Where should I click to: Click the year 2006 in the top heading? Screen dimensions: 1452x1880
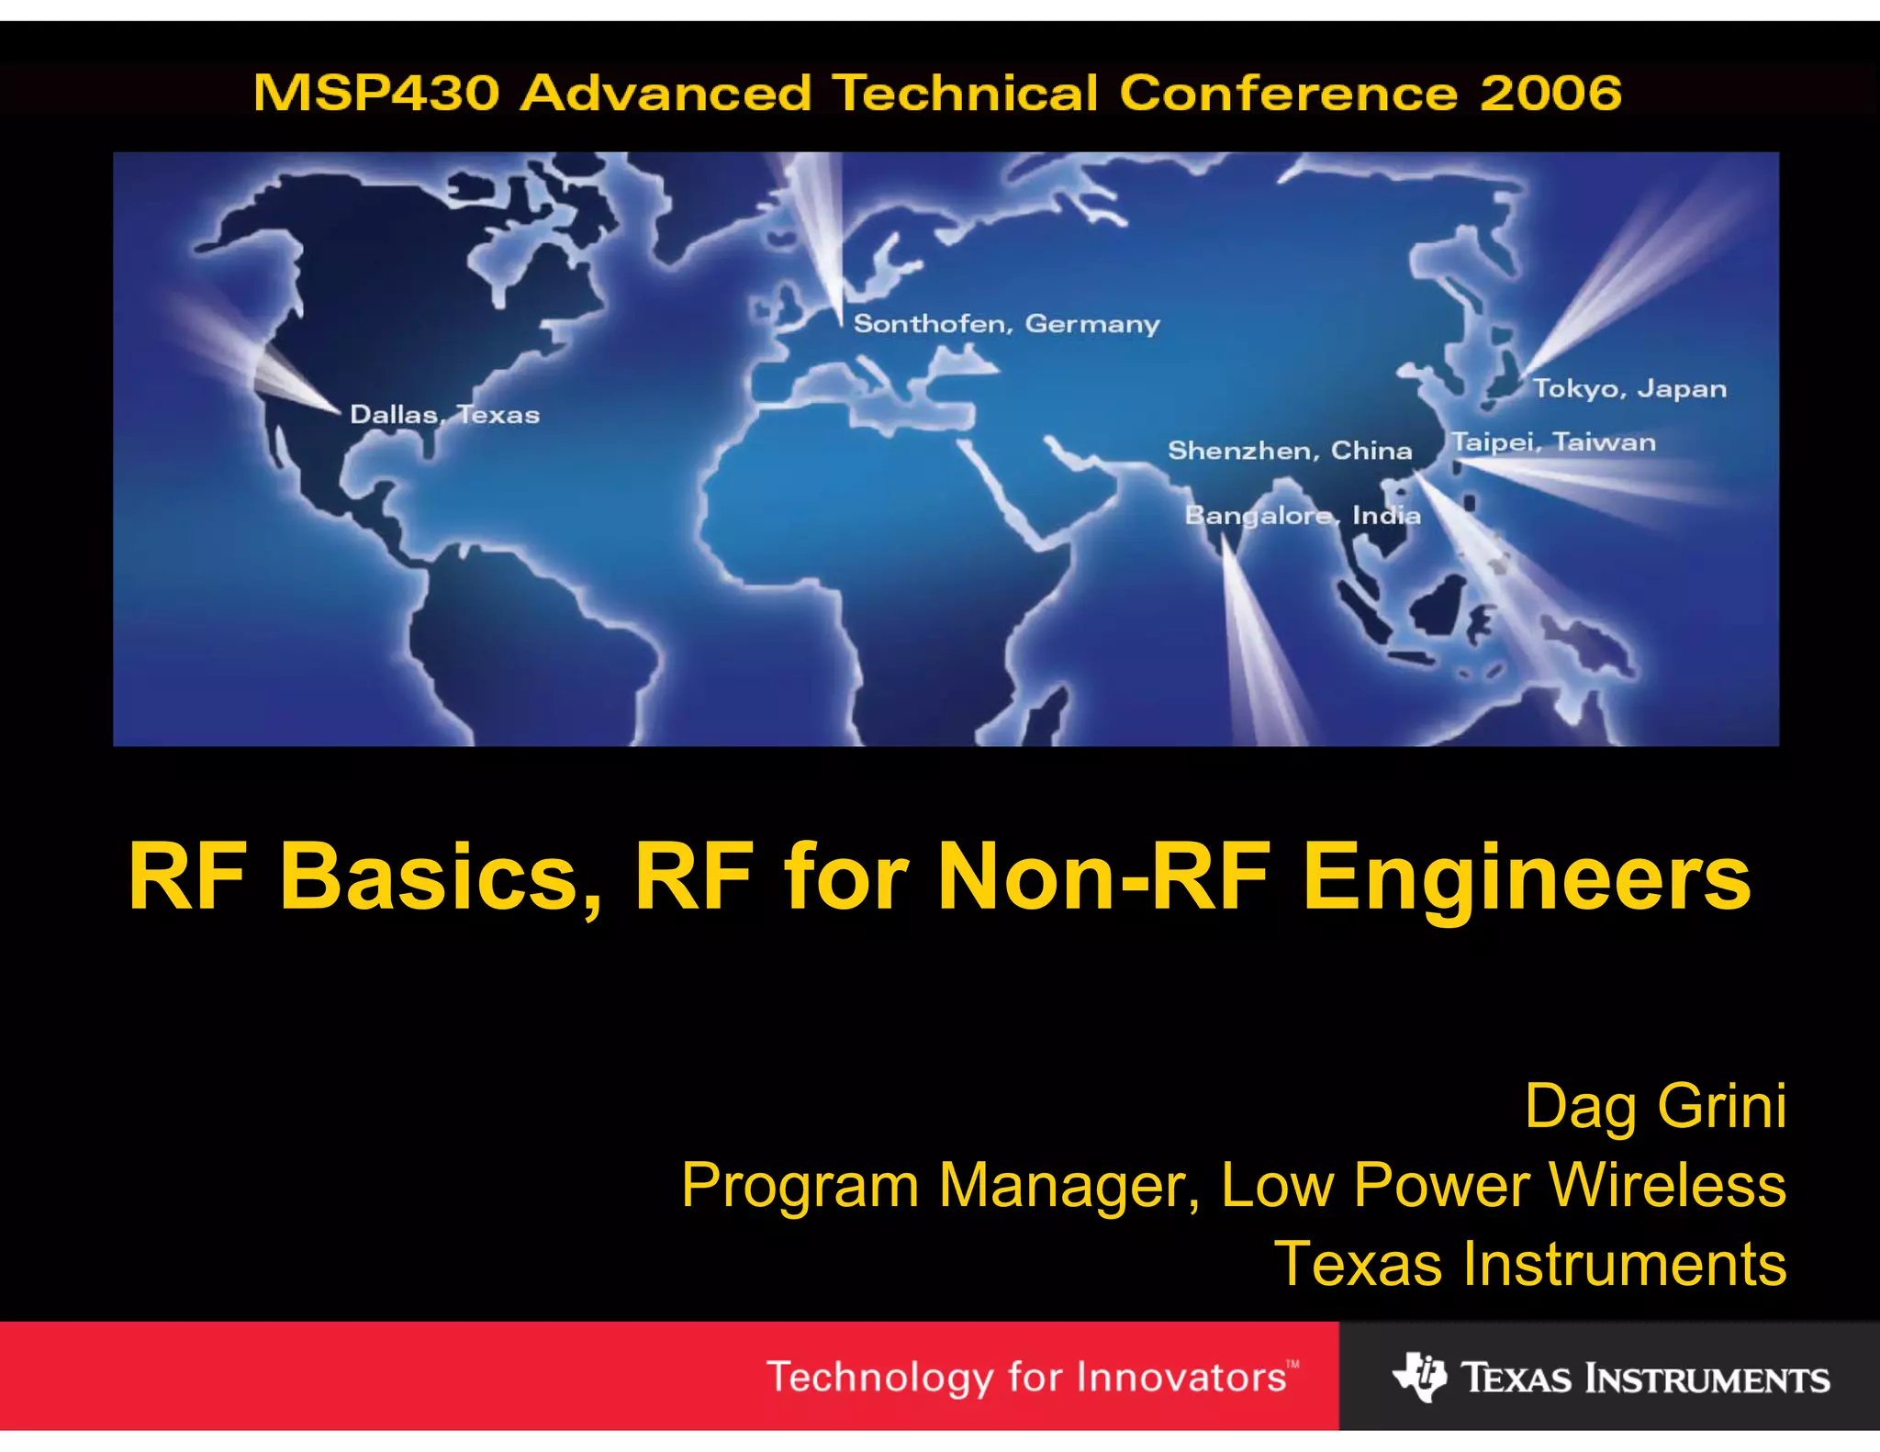click(1550, 94)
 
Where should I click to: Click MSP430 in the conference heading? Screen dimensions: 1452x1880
click(376, 94)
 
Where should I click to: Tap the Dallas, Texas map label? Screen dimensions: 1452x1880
click(444, 415)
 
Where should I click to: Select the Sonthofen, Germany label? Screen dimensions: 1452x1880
click(1006, 324)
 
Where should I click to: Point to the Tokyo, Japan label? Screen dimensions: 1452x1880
click(1629, 389)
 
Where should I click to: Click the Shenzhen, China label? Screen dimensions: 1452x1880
click(1289, 451)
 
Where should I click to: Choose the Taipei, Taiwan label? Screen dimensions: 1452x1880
click(1553, 442)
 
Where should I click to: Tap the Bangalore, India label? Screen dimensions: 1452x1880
click(1302, 516)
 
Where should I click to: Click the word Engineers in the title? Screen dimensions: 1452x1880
click(1527, 878)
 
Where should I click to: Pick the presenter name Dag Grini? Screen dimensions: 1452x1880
click(1655, 1106)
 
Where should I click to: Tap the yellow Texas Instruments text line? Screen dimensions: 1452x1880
click(1530, 1264)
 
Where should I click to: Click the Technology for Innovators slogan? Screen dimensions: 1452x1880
click(1026, 1378)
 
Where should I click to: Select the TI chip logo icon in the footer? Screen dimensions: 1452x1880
click(1419, 1377)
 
